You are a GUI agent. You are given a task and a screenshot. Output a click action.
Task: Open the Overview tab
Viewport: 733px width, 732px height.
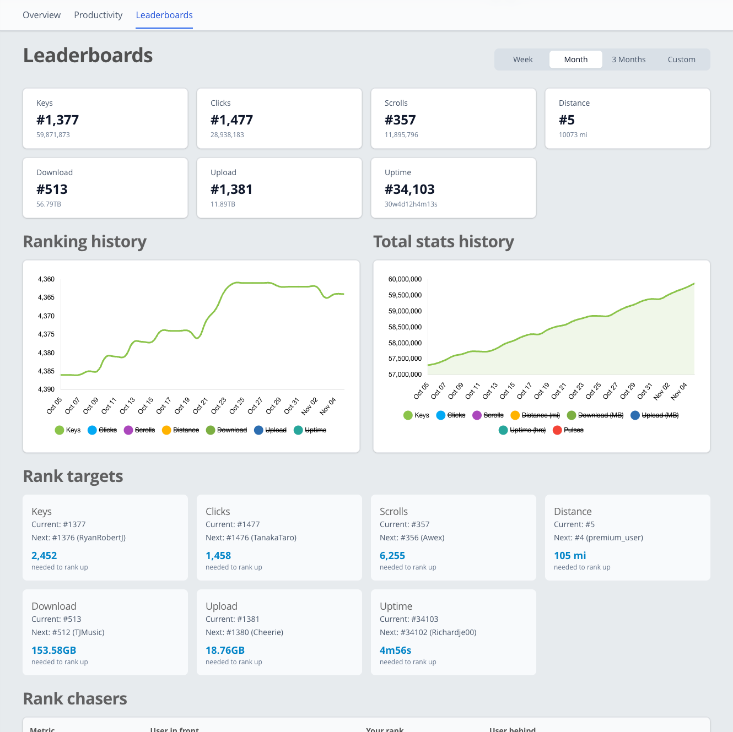coord(41,15)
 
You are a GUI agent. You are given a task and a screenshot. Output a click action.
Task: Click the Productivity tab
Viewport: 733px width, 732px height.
coord(98,15)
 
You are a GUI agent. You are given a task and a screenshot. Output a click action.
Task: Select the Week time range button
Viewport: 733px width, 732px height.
coord(522,59)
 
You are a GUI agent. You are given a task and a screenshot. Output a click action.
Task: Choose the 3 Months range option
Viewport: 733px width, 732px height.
coord(628,59)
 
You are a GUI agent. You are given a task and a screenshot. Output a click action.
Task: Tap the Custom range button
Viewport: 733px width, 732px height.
coord(681,59)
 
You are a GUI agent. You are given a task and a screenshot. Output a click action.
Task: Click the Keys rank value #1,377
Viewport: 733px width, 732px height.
coord(58,120)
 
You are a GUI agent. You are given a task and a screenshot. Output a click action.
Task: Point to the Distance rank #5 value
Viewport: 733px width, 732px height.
coord(567,120)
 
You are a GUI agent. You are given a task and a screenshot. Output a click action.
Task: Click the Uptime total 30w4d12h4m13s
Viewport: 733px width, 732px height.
coord(411,204)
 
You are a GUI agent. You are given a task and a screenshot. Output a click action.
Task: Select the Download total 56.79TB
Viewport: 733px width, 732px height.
coord(48,204)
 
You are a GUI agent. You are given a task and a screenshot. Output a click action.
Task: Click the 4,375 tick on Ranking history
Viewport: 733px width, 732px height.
coord(46,334)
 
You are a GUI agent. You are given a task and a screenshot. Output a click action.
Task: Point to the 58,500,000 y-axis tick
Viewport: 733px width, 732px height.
coord(405,327)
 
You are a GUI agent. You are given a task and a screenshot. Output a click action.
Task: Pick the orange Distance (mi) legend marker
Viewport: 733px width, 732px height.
coord(515,415)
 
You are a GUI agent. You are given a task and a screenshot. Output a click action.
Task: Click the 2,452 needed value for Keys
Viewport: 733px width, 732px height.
coord(44,556)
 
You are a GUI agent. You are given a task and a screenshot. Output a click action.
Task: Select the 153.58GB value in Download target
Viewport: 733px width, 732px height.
coord(53,650)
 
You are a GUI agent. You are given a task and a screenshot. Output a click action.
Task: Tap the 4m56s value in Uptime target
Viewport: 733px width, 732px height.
coord(395,650)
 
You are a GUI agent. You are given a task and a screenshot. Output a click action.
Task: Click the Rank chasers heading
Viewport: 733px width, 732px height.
coord(75,699)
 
